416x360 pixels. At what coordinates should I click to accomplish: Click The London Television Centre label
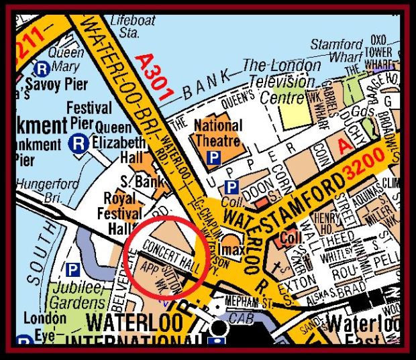282,82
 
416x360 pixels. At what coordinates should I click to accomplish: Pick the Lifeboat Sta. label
123,25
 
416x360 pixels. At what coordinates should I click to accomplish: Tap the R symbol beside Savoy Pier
42,68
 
